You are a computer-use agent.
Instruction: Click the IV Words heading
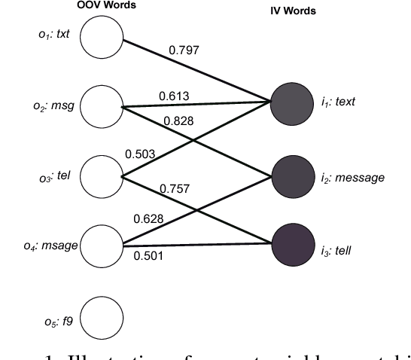pos(294,11)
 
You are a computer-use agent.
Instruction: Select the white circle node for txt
pos(101,38)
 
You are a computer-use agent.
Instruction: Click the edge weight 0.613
pos(173,96)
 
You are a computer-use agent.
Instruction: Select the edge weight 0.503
pos(140,154)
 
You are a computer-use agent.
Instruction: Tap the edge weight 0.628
pos(148,218)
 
